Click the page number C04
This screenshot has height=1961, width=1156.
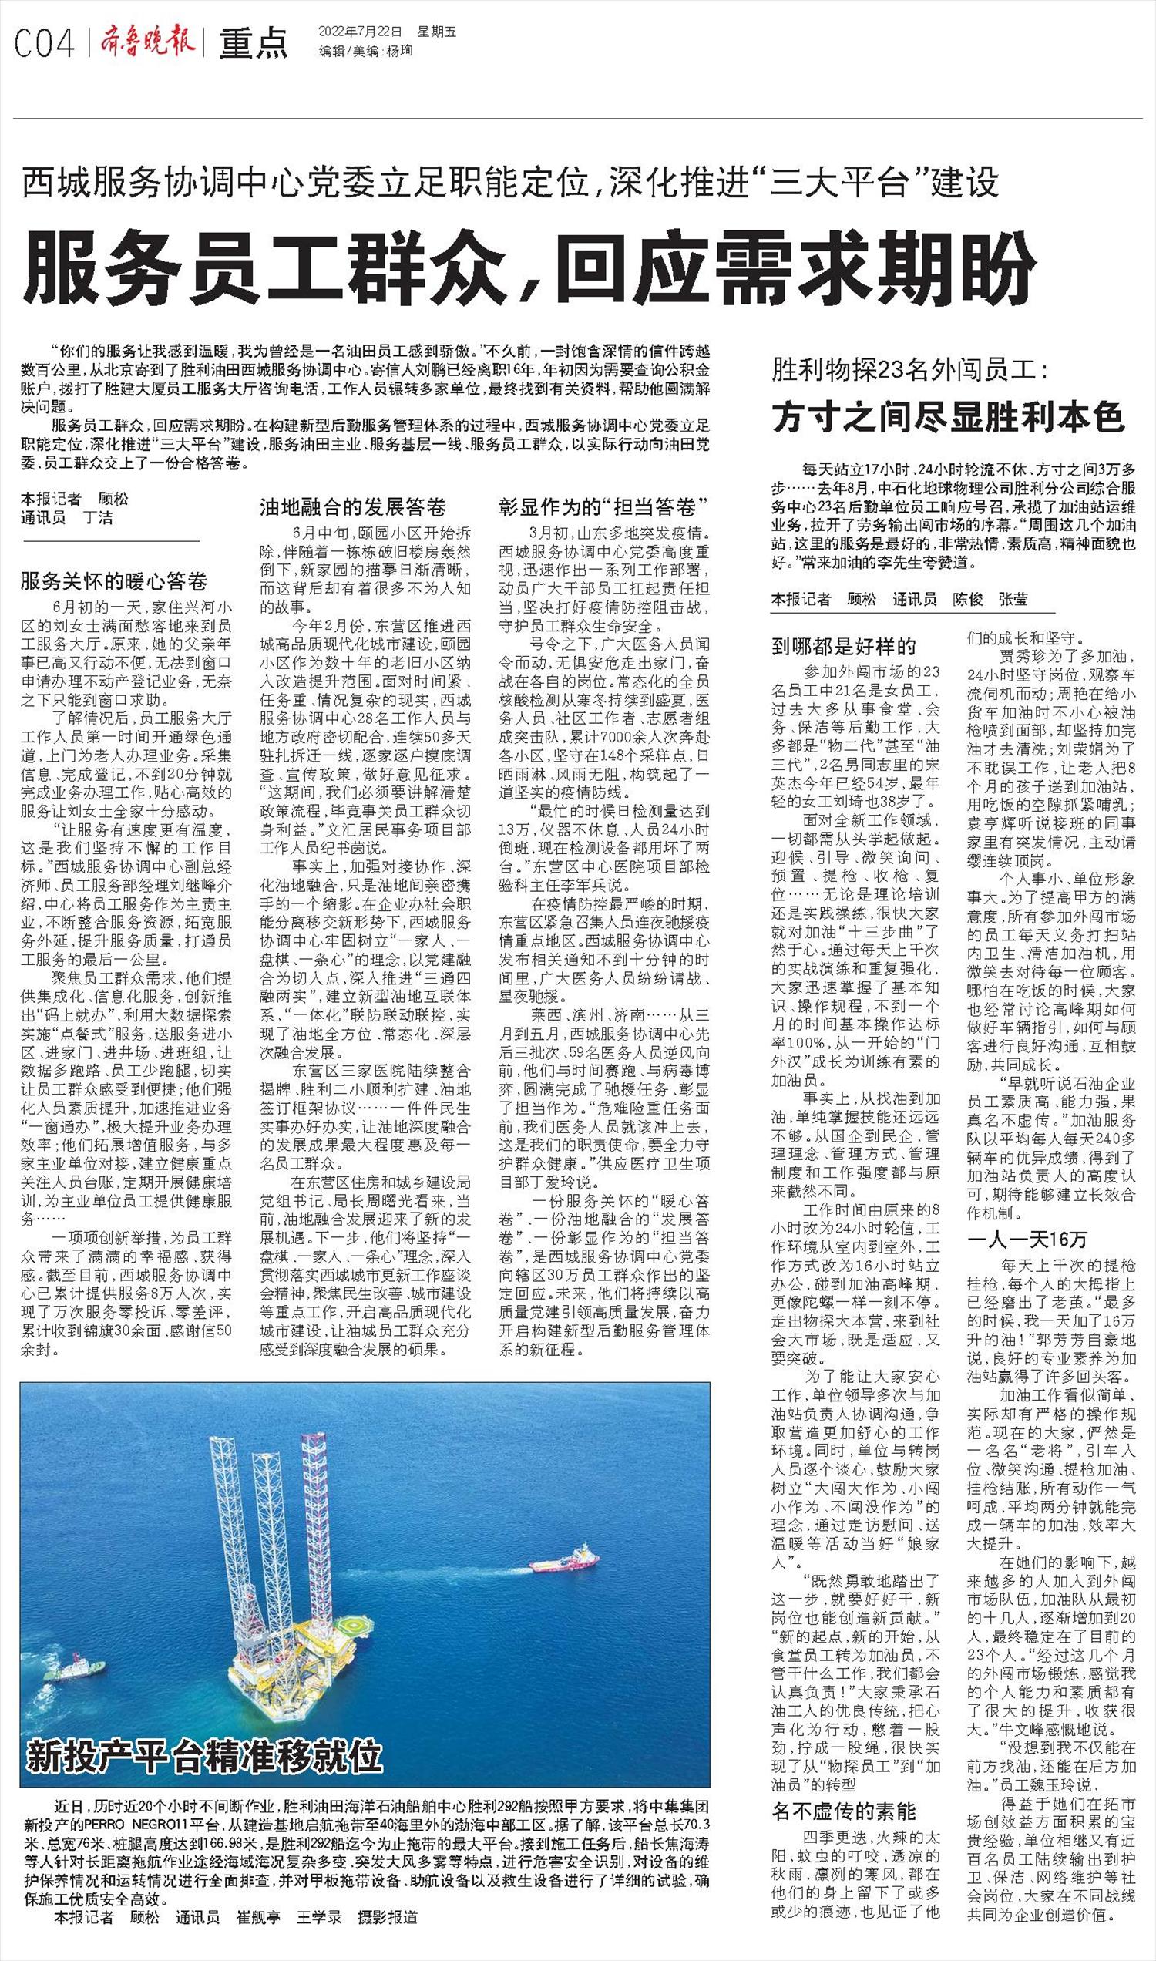coord(44,43)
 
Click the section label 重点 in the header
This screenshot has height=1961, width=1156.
coord(252,44)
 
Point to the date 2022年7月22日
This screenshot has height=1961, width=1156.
coord(360,32)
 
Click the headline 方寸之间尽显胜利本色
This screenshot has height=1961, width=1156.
coord(948,417)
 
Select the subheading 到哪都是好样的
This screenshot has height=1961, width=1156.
coord(845,646)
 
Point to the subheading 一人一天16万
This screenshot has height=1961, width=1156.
coord(1026,1239)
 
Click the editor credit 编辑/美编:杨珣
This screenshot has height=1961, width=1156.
coord(365,52)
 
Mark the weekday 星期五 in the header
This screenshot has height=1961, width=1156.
coord(437,32)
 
